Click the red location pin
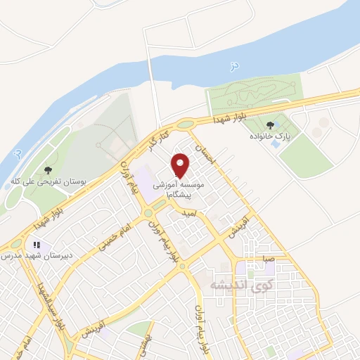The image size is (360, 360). coord(182,165)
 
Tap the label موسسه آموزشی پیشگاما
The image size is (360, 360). coord(183,187)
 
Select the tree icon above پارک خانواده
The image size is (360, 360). coord(271,124)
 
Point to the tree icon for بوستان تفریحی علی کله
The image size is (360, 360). coord(47,170)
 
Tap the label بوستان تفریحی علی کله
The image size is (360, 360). coord(48,181)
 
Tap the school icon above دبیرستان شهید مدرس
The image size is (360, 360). coord(35,245)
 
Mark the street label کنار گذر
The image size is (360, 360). coord(156,139)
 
